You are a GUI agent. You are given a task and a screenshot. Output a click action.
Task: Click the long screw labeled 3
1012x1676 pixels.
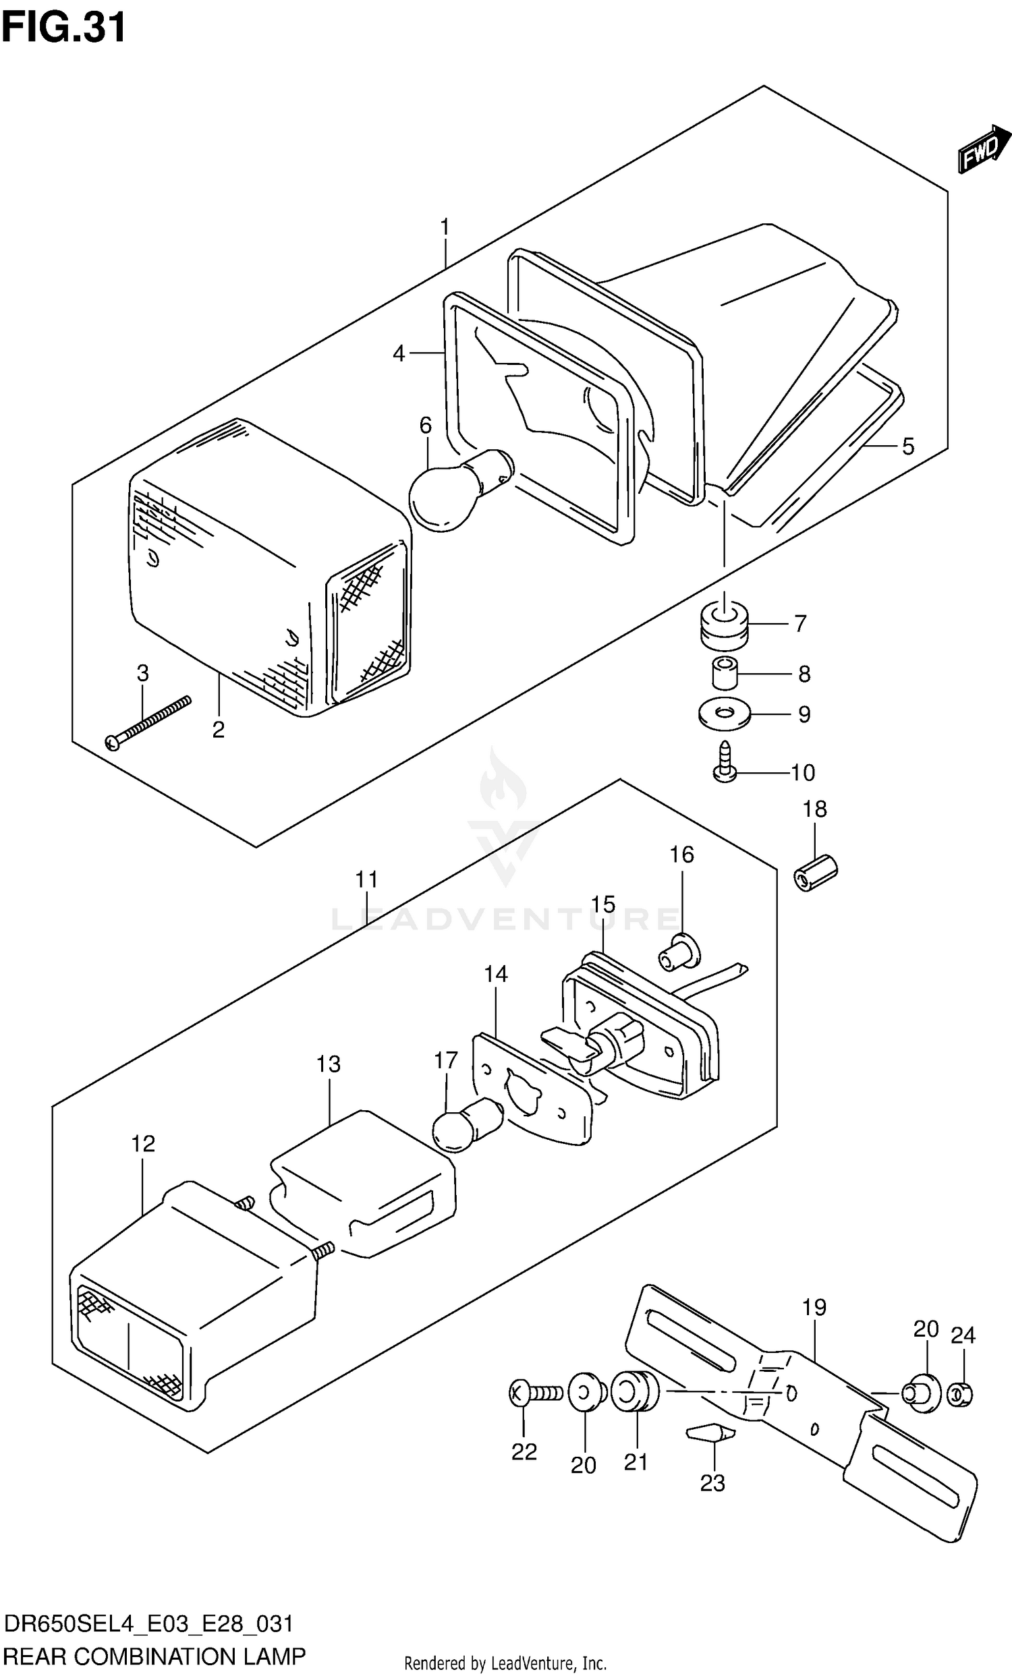point(148,722)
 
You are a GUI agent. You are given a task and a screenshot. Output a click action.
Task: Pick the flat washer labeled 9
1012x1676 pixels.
point(723,714)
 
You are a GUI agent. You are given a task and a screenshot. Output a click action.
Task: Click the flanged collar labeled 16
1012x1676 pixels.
point(679,952)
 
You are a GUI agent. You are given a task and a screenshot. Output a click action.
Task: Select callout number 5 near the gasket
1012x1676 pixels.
point(908,447)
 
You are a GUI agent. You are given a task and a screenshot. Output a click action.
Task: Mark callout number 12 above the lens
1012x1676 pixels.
point(143,1143)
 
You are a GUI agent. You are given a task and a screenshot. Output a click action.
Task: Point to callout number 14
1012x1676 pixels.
point(495,974)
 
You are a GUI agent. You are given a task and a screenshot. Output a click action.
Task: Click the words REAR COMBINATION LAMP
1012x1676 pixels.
point(154,1656)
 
